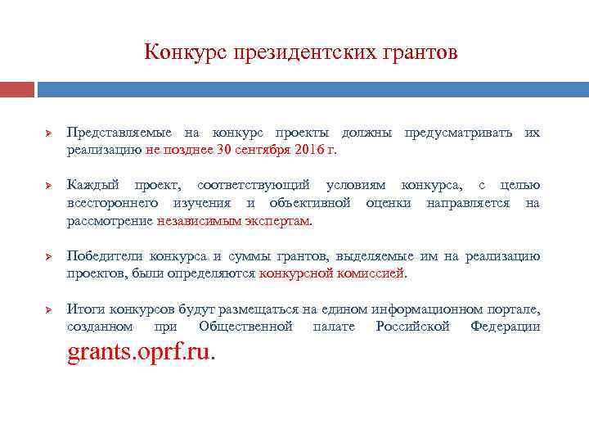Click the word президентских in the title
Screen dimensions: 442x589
click(304, 53)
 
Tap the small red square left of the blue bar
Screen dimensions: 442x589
click(17, 88)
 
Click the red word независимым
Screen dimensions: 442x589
click(193, 221)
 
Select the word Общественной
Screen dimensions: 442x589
click(245, 327)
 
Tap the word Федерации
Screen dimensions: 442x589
click(505, 327)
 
